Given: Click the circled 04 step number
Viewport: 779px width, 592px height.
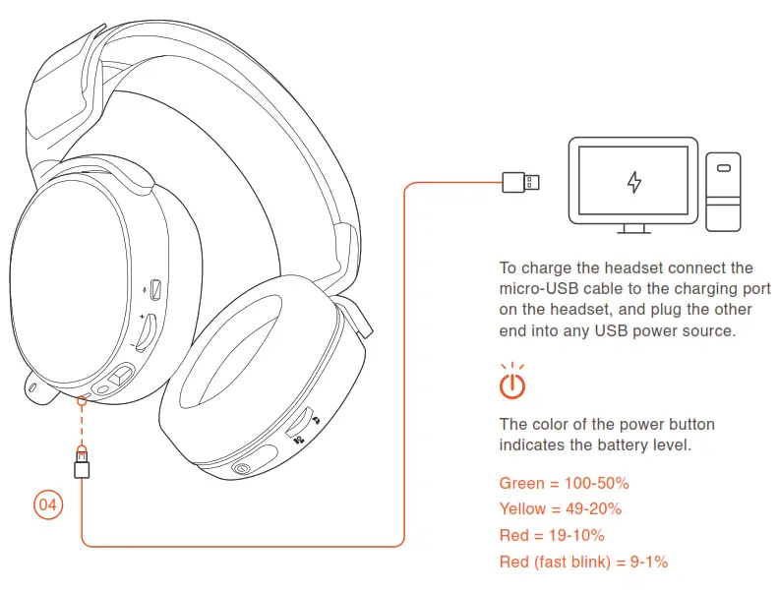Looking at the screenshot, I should (47, 505).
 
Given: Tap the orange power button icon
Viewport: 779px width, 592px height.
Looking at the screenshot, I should (512, 384).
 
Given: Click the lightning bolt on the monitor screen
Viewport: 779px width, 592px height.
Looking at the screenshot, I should (634, 182).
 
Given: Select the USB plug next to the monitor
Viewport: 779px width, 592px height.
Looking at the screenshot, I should (520, 182).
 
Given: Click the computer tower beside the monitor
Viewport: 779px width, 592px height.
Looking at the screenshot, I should (723, 192).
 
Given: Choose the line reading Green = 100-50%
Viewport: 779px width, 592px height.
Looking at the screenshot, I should (564, 483).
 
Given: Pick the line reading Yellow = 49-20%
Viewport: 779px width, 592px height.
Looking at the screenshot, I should (560, 508).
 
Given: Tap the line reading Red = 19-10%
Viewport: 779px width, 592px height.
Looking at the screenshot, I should (552, 535).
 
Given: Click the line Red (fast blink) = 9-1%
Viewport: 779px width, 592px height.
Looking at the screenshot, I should (583, 562).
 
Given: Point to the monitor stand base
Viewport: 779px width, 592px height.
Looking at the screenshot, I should (634, 231).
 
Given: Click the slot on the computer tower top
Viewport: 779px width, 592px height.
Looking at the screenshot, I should (723, 168).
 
